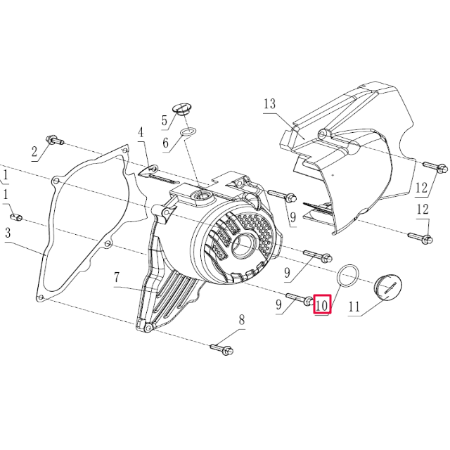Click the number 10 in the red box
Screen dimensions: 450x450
tap(322, 305)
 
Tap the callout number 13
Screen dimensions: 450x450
tap(269, 105)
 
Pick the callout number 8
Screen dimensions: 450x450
tap(241, 320)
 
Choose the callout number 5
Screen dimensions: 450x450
tap(165, 120)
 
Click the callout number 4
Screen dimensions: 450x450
tap(141, 132)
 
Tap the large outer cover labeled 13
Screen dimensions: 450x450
tap(352, 162)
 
